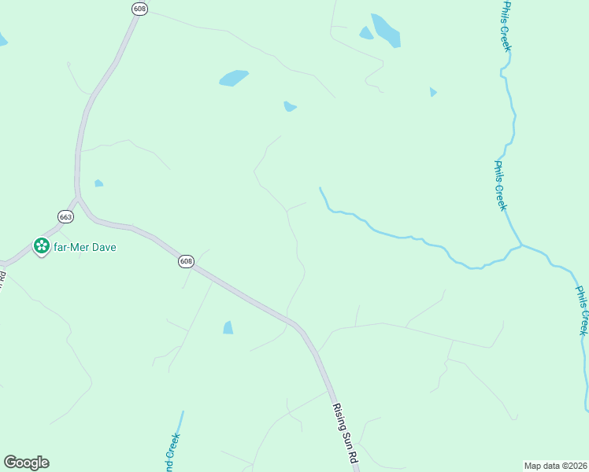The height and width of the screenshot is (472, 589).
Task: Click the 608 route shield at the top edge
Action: [140, 8]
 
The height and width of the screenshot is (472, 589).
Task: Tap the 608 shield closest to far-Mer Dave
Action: [186, 261]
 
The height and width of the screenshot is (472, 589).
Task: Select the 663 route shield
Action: [65, 216]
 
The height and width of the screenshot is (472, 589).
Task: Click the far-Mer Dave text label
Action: [85, 247]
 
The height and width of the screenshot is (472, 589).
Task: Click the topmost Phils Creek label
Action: [506, 26]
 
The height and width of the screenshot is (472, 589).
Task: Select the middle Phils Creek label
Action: [500, 186]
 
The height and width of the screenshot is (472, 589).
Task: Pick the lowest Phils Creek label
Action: [582, 310]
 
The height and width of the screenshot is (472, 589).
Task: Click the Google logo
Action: [26, 463]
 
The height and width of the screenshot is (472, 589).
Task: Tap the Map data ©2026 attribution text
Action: [555, 466]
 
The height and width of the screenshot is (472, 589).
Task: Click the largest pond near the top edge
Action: [386, 30]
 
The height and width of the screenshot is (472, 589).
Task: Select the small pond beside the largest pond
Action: [366, 33]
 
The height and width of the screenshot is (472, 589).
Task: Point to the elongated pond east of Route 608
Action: [233, 78]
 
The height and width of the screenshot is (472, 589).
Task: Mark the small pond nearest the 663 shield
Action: [98, 183]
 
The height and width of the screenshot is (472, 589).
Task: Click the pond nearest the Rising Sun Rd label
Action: [228, 327]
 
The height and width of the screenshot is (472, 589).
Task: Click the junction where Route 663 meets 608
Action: [79, 197]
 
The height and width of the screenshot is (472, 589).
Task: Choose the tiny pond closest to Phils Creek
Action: [433, 92]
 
